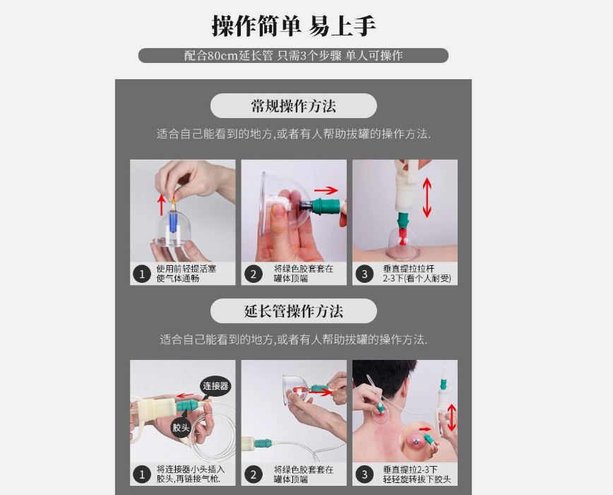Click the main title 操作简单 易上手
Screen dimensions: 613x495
[294, 26]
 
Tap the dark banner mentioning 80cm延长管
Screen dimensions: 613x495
[293, 56]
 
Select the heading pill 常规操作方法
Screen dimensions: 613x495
[294, 105]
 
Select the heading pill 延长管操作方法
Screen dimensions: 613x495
[294, 311]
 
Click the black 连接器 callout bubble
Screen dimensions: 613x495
[215, 386]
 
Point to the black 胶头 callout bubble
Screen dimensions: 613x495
[181, 427]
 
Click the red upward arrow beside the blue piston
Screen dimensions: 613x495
[162, 204]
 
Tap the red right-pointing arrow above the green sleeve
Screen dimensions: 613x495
[326, 190]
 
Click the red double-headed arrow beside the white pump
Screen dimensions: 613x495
[427, 197]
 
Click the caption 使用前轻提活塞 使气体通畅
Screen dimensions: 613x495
[186, 274]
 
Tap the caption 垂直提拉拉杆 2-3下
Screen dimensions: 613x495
[417, 274]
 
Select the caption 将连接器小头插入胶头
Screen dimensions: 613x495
[191, 474]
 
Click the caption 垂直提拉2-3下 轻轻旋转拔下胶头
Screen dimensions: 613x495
[417, 474]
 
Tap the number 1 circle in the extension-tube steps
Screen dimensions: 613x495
[142, 474]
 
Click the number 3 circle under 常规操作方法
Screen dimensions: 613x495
[364, 274]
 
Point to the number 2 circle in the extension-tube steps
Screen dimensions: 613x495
[254, 474]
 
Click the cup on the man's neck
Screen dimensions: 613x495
[381, 414]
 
